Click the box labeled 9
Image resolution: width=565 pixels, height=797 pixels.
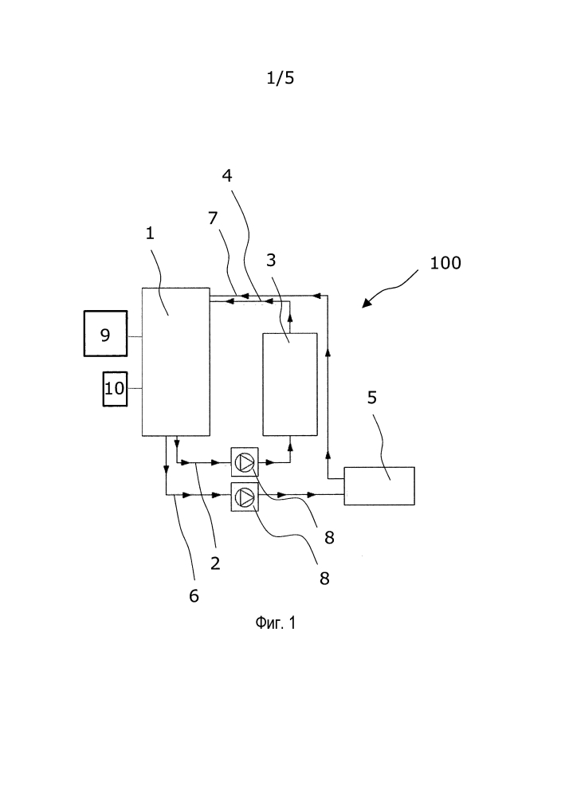[105, 333]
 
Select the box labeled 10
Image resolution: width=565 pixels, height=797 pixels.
[115, 388]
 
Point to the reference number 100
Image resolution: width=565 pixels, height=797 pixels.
[445, 262]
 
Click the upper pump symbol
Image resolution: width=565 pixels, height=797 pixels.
[245, 462]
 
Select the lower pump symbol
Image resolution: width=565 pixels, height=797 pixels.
[245, 496]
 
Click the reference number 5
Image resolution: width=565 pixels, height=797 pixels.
[371, 398]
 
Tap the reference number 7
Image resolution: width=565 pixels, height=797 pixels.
[213, 218]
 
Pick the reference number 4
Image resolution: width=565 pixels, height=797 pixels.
[227, 175]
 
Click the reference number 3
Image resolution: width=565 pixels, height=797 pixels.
[271, 260]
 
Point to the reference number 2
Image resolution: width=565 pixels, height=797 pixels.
[214, 563]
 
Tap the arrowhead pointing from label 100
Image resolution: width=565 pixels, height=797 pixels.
[367, 304]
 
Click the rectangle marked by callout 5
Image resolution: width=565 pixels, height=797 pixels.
[379, 485]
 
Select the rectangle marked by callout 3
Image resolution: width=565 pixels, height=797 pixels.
[289, 384]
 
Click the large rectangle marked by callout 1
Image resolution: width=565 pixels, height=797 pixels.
[175, 361]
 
